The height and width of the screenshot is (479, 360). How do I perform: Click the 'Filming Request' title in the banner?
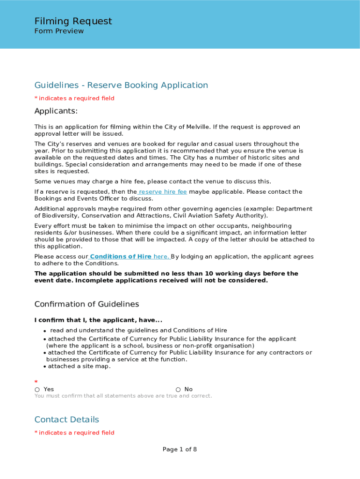tap(73, 21)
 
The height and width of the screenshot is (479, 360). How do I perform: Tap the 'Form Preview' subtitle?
tap(59, 31)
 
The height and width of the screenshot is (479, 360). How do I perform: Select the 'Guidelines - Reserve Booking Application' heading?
tap(121, 85)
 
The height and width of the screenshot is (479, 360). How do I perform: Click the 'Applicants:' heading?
tap(56, 111)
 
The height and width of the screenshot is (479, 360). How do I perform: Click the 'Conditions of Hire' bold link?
tap(121, 256)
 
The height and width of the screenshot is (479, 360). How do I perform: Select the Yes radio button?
tap(37, 390)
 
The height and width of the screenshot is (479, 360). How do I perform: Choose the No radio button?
tap(178, 390)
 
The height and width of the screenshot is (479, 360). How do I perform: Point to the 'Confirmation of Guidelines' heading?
tap(86, 304)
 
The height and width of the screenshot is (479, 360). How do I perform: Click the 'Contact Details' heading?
tap(67, 419)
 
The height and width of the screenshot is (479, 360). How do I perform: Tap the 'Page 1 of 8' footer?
tap(180, 450)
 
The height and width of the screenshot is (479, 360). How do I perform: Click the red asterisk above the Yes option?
tap(36, 382)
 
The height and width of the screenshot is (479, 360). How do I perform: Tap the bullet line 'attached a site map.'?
tap(79, 366)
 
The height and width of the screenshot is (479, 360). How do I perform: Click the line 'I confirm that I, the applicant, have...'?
tap(98, 320)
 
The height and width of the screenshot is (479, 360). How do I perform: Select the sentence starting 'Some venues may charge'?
tap(152, 181)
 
